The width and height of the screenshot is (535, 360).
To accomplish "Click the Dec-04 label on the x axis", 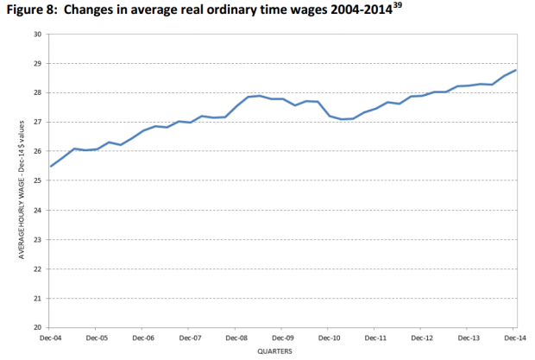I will (x=51, y=338).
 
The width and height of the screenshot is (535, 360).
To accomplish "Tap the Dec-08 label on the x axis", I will (x=236, y=338).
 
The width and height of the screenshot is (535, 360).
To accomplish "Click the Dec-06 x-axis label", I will (x=143, y=338).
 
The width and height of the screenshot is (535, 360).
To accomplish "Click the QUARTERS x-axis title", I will (x=281, y=352).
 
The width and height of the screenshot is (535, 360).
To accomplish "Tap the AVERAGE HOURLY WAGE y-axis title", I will (x=19, y=181).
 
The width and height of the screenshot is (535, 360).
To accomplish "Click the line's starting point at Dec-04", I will (x=51, y=166).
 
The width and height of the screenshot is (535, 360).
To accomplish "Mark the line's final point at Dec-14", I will (x=516, y=70).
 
